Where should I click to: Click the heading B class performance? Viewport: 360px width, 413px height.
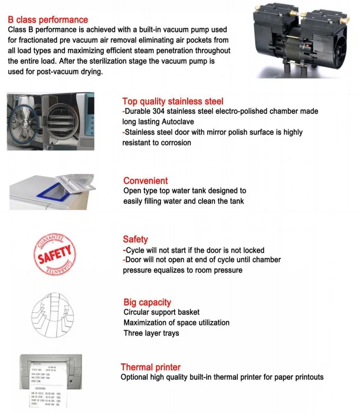coord(48,20)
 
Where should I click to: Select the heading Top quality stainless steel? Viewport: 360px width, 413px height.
coord(172,101)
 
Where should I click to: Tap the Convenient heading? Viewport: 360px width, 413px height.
coord(145,180)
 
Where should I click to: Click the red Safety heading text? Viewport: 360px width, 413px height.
coord(135,239)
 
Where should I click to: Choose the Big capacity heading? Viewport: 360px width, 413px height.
coord(147,302)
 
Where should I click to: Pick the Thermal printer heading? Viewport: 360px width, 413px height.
coord(150,367)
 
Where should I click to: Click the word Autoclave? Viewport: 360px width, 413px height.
coord(180,122)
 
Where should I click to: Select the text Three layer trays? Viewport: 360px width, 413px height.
coord(151,333)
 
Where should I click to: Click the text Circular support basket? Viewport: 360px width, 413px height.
coord(161,312)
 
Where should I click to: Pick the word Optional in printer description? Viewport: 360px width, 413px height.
coord(136,377)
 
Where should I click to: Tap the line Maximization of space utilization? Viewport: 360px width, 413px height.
coord(176,322)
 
